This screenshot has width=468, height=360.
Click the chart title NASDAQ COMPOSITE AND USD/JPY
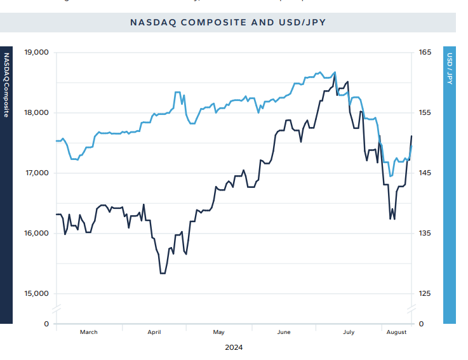tap(227, 22)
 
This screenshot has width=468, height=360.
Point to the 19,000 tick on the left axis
tap(36, 52)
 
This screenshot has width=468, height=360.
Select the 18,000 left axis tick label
tap(36, 112)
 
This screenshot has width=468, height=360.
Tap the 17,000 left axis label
tap(36, 173)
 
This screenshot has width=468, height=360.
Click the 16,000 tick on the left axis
tap(36, 233)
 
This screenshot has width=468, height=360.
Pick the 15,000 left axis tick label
tap(36, 293)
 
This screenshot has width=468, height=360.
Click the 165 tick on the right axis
tap(425, 52)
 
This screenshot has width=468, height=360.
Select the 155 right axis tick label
tap(425, 112)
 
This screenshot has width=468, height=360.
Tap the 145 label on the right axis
tap(425, 173)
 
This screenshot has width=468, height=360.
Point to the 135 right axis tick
tap(425, 233)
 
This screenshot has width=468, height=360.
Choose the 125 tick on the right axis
tap(425, 293)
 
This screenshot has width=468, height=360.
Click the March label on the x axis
tap(89, 332)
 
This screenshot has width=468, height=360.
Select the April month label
tap(154, 332)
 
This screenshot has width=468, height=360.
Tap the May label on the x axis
tap(219, 332)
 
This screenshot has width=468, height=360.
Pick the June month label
tap(284, 332)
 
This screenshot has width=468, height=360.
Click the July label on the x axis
tap(349, 332)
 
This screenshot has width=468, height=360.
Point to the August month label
tap(396, 332)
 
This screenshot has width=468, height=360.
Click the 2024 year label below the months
tap(234, 347)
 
